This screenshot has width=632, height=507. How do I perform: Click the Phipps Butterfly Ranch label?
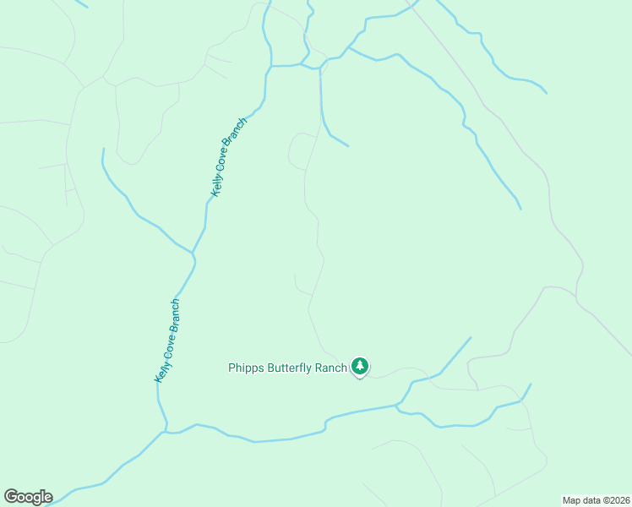click(x=287, y=368)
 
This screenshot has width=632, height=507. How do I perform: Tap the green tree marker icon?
click(x=361, y=366)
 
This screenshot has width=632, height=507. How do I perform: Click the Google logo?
click(x=28, y=497)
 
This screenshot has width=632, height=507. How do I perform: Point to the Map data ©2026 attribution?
click(x=596, y=499)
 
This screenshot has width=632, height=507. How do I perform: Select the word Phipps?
click(x=246, y=368)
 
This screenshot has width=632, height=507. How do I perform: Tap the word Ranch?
click(x=330, y=368)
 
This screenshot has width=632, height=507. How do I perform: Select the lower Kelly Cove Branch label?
click(x=167, y=341)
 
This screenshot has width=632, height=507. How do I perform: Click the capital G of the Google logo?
click(x=11, y=497)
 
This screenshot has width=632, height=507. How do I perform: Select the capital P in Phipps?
click(x=232, y=368)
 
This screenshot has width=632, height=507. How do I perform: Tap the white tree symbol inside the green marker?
click(x=361, y=365)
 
